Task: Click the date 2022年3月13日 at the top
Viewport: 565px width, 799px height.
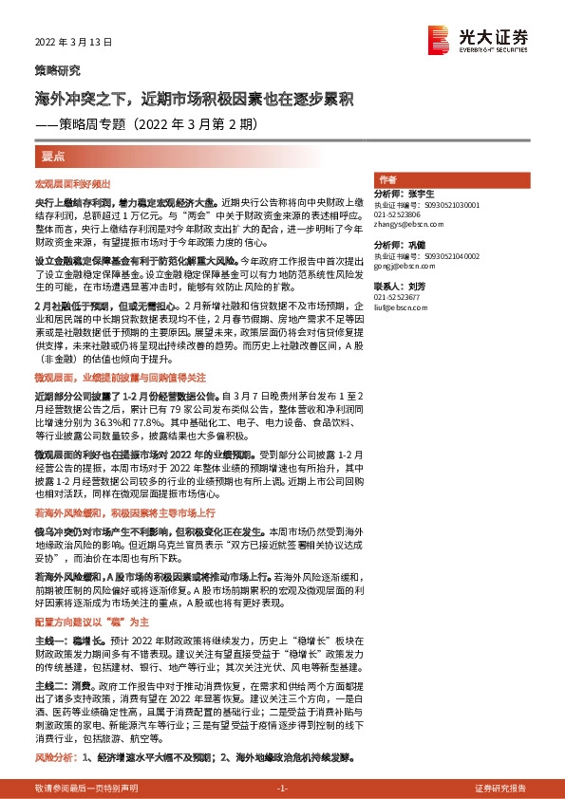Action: tap(74, 43)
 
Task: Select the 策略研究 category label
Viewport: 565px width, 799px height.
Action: tap(58, 71)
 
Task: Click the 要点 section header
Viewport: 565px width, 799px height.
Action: tap(53, 154)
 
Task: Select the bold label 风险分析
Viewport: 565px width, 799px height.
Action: tap(54, 758)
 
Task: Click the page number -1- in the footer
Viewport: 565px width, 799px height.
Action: tap(281, 789)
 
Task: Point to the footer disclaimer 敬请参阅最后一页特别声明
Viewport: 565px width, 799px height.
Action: tap(85, 789)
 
